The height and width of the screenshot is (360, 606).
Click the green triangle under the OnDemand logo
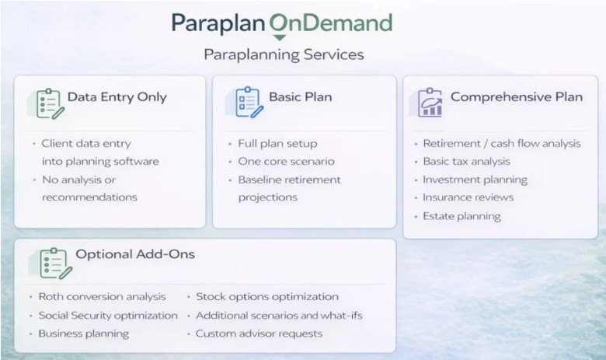[x=279, y=38]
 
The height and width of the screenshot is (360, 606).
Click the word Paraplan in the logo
[x=218, y=23]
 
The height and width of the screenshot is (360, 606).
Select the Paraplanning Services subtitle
[x=284, y=54]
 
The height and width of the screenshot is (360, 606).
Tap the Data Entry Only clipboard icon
[x=50, y=103]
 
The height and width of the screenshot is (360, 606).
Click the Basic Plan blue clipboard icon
[x=249, y=103]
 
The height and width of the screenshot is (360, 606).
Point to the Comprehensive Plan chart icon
[x=430, y=103]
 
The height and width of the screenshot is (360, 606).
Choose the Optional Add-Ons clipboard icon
[x=55, y=264]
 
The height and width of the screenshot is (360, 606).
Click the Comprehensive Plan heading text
[x=517, y=96]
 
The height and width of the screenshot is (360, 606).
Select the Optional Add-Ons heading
[x=135, y=254]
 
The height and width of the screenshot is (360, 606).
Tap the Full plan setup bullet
[x=277, y=144]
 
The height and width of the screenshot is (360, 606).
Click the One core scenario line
[x=286, y=161]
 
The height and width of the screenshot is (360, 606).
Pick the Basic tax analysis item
[x=466, y=161]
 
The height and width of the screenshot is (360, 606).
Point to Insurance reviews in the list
[x=468, y=197]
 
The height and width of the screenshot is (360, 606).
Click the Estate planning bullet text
[x=461, y=216]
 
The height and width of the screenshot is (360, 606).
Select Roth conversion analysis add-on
[x=102, y=296]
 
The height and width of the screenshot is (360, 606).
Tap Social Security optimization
[x=108, y=316]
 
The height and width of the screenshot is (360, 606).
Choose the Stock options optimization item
[x=267, y=296]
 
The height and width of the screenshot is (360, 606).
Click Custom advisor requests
[x=259, y=334]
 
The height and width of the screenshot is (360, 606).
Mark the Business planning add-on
[x=84, y=334]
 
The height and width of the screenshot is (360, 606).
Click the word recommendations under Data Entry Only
[x=89, y=197]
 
